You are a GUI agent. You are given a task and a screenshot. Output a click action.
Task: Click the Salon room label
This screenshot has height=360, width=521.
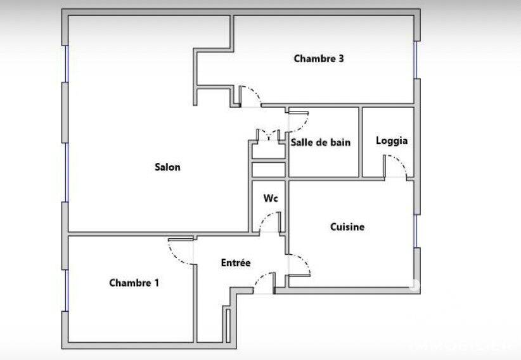[167, 167]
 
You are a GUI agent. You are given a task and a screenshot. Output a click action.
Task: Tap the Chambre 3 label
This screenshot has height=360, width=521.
[319, 59]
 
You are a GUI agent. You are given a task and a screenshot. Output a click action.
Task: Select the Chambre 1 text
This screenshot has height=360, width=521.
[134, 283]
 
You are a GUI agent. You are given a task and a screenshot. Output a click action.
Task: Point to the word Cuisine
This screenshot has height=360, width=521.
[347, 227]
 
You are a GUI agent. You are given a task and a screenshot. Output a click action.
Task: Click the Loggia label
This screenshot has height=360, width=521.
[392, 141]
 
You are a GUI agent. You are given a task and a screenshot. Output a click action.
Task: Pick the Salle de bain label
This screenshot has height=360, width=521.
[321, 142]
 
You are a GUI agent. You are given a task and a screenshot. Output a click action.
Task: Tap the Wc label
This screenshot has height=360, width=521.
[271, 198]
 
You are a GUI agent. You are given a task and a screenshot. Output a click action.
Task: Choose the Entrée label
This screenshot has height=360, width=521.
[236, 262]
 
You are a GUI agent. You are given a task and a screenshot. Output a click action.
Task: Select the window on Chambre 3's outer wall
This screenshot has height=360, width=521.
[415, 60]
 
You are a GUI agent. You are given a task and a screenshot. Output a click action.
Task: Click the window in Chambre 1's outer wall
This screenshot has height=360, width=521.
[67, 290]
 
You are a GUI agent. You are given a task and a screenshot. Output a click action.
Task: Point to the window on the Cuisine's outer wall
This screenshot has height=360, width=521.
[415, 231]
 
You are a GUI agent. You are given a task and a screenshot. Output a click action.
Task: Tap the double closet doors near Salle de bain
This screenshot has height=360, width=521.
[269, 134]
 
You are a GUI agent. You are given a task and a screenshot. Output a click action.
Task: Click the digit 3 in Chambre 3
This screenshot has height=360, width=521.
[341, 59]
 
